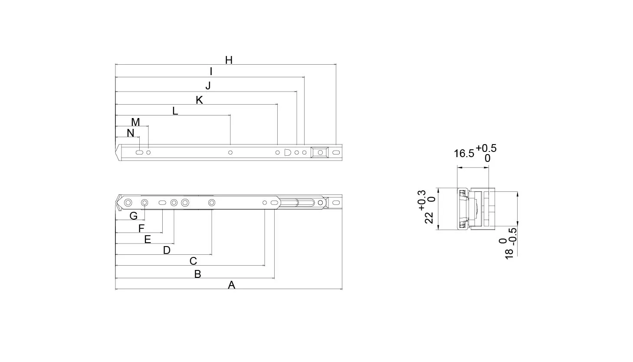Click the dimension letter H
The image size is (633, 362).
(x=229, y=60)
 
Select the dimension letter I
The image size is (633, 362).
(x=211, y=72)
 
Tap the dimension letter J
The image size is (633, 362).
(x=208, y=86)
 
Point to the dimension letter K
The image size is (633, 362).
(x=199, y=100)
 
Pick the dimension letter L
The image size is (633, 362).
(x=175, y=111)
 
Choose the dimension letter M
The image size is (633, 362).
(x=135, y=122)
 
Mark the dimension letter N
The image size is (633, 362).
(x=130, y=133)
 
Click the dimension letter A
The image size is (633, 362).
(x=231, y=285)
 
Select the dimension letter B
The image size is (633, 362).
(x=197, y=274)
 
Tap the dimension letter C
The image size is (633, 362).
(x=194, y=261)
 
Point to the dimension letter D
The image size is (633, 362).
(x=167, y=250)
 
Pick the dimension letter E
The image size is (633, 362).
(x=148, y=240)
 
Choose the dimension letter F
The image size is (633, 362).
(x=141, y=228)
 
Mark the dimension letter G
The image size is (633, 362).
(x=133, y=216)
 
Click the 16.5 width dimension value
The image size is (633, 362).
(x=464, y=154)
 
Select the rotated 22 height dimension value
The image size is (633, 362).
(x=429, y=218)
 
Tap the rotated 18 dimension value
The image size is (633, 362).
(x=509, y=253)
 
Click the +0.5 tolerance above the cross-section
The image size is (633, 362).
(x=486, y=148)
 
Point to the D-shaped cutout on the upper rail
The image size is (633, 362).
(x=287, y=152)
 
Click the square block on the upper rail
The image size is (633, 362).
(x=320, y=152)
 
